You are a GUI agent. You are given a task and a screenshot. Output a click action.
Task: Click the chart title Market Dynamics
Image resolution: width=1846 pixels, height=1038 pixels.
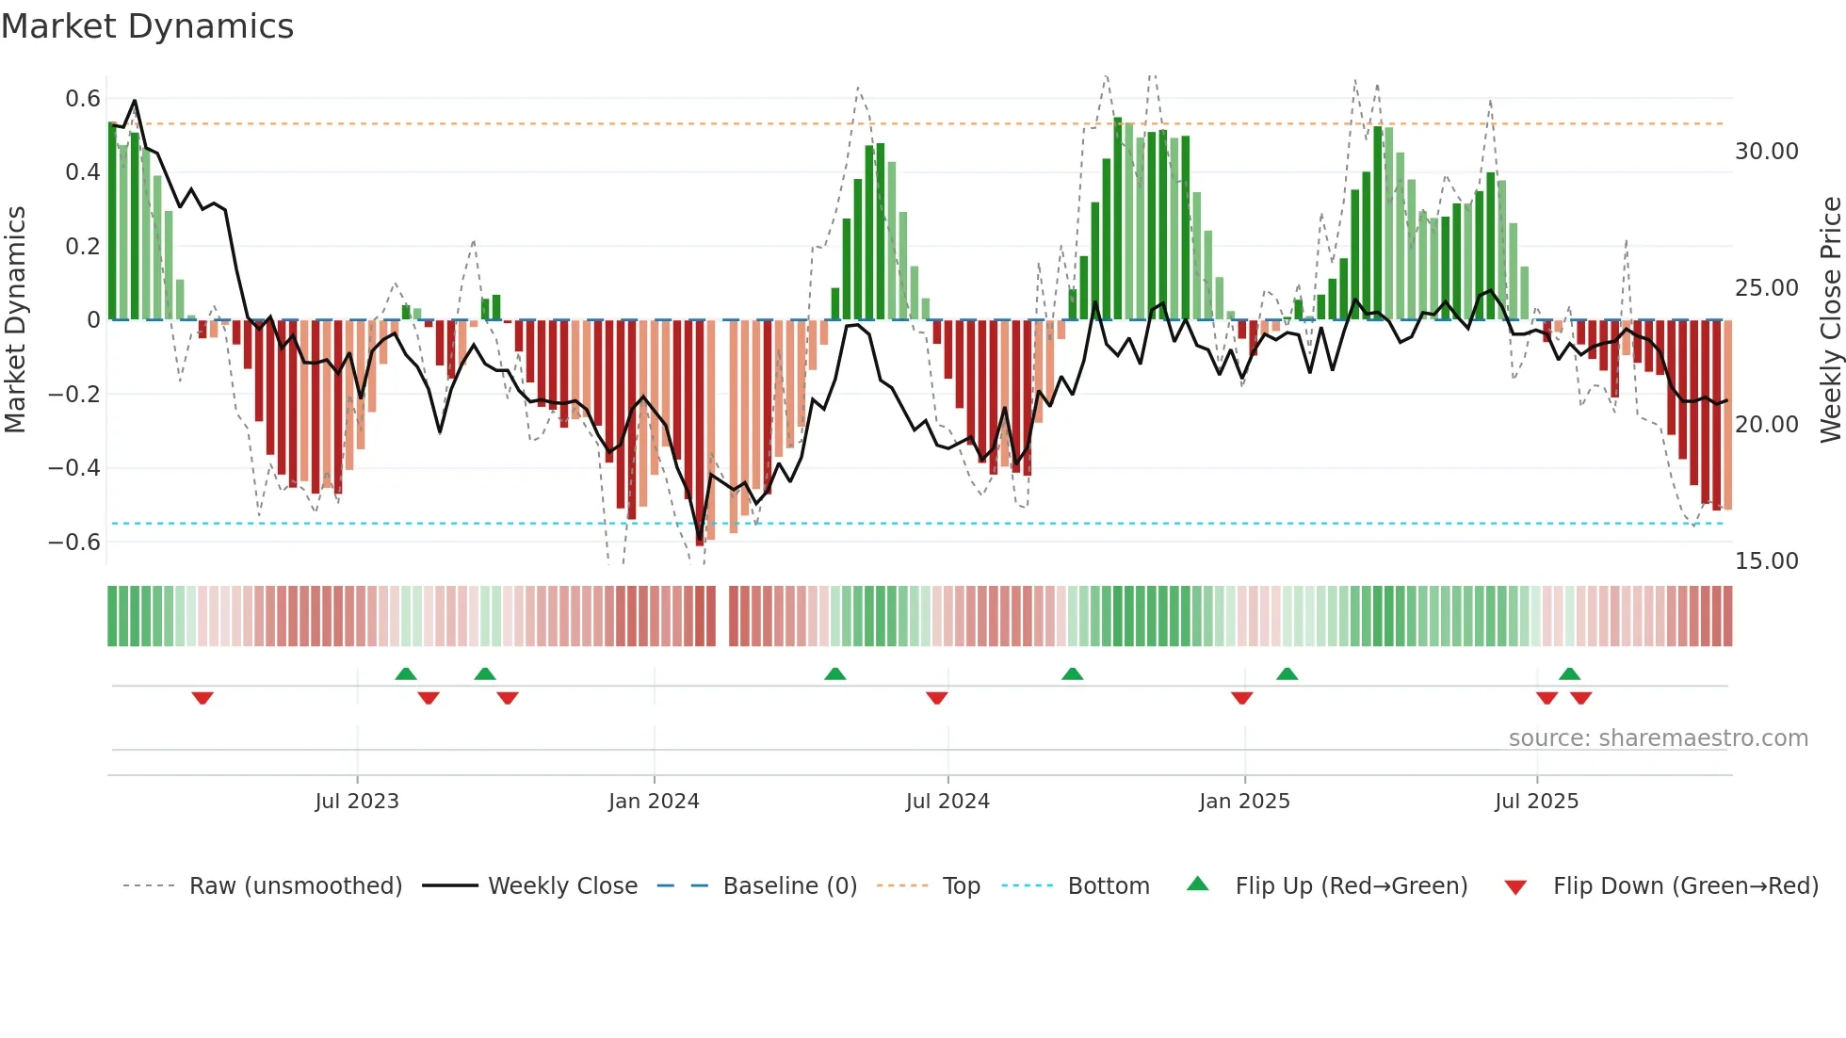click(x=148, y=26)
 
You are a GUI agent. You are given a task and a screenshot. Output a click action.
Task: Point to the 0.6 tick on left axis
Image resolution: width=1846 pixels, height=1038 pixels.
click(x=83, y=99)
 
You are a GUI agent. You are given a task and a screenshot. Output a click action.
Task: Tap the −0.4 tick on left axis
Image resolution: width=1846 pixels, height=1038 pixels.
click(x=74, y=468)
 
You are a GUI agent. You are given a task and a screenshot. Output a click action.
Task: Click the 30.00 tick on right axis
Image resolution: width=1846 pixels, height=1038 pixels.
click(x=1766, y=152)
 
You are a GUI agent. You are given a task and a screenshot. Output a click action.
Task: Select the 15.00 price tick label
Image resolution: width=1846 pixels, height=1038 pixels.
click(x=1766, y=561)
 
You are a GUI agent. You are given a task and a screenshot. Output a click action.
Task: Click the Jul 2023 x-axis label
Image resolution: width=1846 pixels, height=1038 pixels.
click(x=357, y=802)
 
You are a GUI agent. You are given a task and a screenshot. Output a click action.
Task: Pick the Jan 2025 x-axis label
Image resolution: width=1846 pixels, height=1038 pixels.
click(x=1244, y=802)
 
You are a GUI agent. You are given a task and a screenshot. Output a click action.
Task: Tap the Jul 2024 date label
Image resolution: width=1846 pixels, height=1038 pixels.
click(x=947, y=802)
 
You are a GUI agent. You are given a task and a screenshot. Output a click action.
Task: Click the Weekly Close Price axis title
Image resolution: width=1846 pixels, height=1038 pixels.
click(x=1830, y=320)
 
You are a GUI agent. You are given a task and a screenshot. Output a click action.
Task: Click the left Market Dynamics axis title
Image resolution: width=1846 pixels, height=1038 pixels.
click(x=15, y=320)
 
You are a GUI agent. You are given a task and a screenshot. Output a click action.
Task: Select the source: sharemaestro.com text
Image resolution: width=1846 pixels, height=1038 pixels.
click(x=1658, y=738)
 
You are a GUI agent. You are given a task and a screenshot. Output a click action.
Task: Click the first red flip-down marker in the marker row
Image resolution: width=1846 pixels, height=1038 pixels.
click(x=202, y=698)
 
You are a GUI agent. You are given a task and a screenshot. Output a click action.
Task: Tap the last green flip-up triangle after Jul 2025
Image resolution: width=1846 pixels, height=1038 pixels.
click(x=1569, y=673)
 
